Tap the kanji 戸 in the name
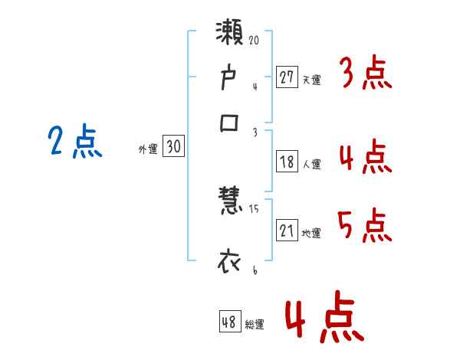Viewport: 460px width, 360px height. click(x=230, y=79)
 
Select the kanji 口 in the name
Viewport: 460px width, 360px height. click(x=230, y=123)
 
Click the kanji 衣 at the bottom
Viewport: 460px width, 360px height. click(x=230, y=260)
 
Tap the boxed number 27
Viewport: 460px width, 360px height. click(x=287, y=77)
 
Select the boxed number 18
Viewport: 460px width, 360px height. click(x=287, y=162)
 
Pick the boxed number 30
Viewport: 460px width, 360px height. click(x=173, y=147)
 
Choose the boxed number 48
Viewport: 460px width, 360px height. click(x=229, y=322)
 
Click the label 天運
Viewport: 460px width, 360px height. click(x=312, y=79)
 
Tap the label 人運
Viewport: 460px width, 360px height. click(x=312, y=163)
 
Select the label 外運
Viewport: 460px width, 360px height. click(x=148, y=149)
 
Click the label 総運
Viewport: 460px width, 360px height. click(x=255, y=324)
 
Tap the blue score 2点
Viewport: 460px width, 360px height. click(x=74, y=142)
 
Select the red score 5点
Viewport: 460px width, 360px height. click(x=365, y=225)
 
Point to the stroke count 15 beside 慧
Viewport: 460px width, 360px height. click(x=255, y=209)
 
